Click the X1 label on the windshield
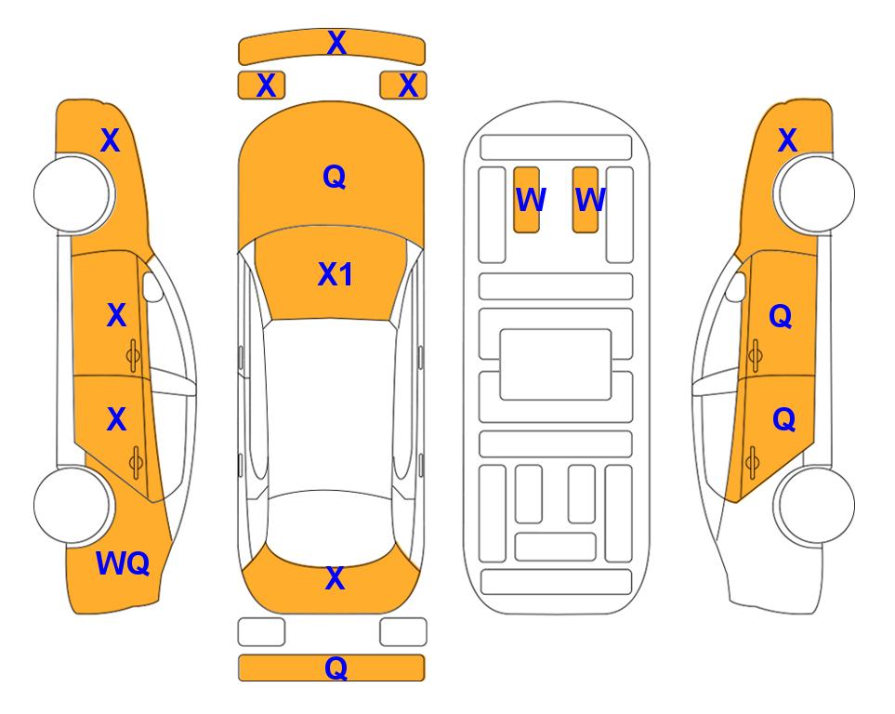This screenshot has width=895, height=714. [335, 274]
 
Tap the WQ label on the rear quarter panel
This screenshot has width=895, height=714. [123, 562]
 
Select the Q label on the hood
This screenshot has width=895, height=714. [334, 177]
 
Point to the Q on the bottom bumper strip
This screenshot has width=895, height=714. [336, 668]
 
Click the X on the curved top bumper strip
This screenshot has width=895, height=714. [336, 43]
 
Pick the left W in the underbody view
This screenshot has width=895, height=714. [529, 199]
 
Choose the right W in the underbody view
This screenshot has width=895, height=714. [590, 199]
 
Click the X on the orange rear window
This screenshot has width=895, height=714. [335, 579]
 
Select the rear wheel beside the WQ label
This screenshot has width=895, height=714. [72, 505]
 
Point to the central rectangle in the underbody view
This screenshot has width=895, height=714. [556, 364]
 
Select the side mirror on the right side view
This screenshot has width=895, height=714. [736, 286]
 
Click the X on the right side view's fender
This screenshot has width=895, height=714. [787, 141]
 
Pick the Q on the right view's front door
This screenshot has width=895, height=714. [781, 317]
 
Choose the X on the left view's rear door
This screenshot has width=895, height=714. [116, 420]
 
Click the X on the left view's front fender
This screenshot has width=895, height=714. [110, 141]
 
